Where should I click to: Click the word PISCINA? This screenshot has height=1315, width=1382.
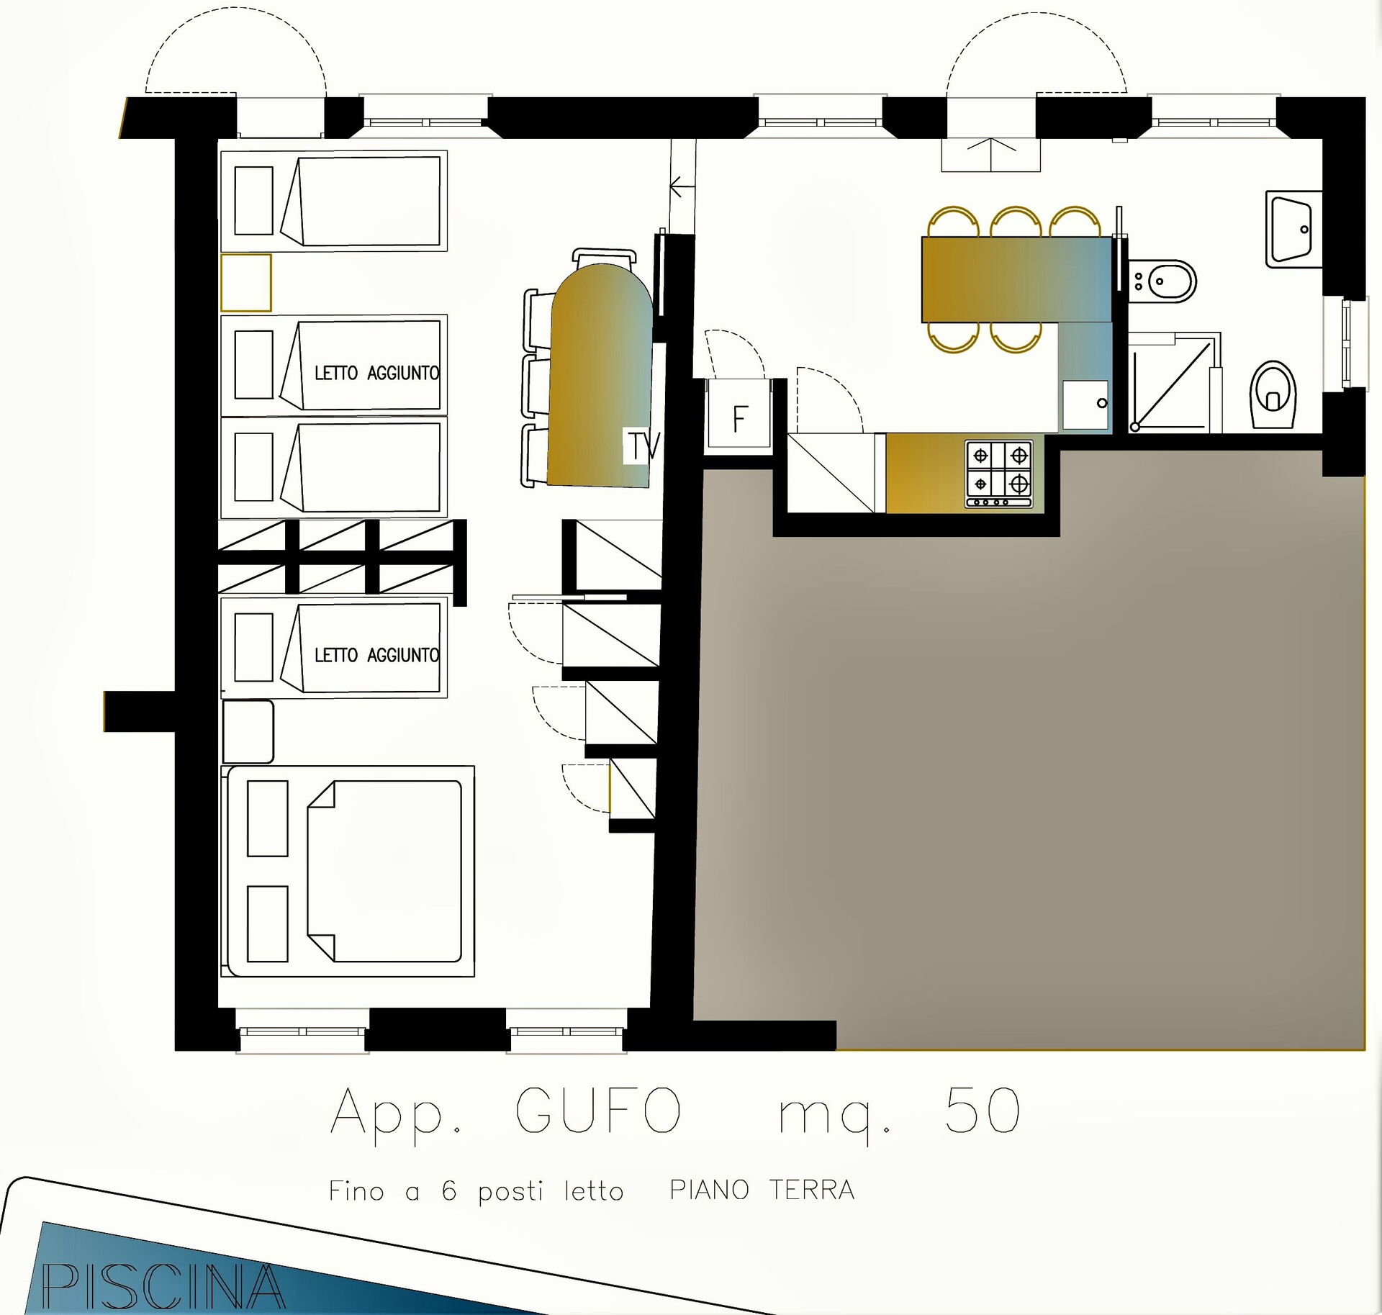(163, 1286)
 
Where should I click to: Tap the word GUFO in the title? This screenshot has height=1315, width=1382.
(598, 1110)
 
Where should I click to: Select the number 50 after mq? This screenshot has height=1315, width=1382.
(983, 1110)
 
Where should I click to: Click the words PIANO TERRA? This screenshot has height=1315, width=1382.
(762, 1190)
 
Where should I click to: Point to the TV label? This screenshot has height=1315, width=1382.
(642, 446)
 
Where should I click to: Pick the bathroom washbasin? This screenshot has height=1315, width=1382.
(1293, 230)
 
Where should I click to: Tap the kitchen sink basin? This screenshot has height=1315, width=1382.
(1085, 406)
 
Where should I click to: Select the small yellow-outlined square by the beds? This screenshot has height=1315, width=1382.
(246, 283)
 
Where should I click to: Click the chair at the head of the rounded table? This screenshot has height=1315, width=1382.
(605, 257)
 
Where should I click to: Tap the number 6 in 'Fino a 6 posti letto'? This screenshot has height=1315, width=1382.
(449, 1190)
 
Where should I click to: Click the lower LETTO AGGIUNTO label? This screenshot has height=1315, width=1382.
(376, 655)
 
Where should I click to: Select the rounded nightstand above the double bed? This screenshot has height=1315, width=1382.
(248, 731)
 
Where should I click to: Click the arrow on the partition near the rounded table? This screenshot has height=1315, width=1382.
(682, 188)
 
